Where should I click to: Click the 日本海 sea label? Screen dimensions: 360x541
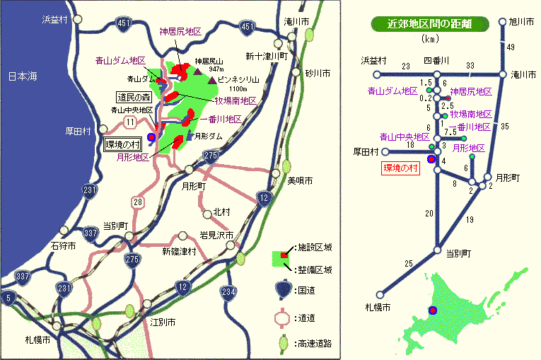tap(21, 76)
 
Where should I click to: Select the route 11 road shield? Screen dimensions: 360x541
tap(131, 123)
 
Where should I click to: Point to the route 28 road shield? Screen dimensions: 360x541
tap(139, 202)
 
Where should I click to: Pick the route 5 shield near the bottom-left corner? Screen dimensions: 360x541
tap(7, 298)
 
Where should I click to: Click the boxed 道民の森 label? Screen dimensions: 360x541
tap(134, 97)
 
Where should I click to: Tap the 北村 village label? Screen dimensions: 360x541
tap(221, 211)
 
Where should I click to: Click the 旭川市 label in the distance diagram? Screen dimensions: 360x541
tap(523, 22)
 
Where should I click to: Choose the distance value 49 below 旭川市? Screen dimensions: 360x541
tap(511, 47)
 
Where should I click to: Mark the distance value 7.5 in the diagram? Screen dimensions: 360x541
tap(450, 132)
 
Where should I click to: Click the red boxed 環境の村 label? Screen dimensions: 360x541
tap(401, 168)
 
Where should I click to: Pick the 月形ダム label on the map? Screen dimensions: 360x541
tap(210, 135)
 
